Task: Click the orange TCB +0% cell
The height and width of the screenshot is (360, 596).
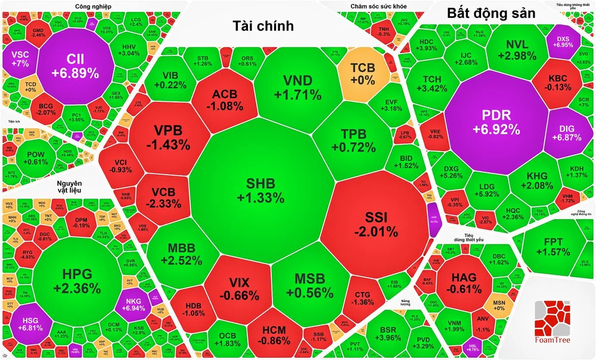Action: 362,72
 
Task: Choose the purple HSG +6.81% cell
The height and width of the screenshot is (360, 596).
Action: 28,322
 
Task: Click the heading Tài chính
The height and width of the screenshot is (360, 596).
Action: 263,25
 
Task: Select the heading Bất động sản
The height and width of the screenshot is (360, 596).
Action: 491,13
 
